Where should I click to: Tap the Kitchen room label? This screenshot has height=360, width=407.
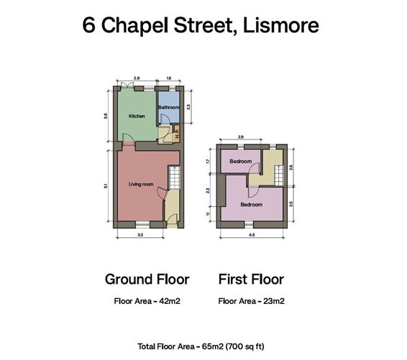tap(137, 116)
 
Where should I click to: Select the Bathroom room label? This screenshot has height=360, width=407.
tap(169, 108)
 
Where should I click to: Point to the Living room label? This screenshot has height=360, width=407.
tap(141, 185)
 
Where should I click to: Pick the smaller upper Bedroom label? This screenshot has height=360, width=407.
tap(241, 162)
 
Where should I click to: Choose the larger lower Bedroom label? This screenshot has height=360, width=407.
tap(251, 204)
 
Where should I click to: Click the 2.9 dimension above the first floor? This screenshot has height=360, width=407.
tap(241, 136)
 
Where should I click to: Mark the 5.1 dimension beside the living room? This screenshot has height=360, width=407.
tap(106, 186)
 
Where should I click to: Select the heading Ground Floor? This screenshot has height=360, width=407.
tap(147, 280)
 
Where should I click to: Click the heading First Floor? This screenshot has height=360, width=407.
tap(251, 280)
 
